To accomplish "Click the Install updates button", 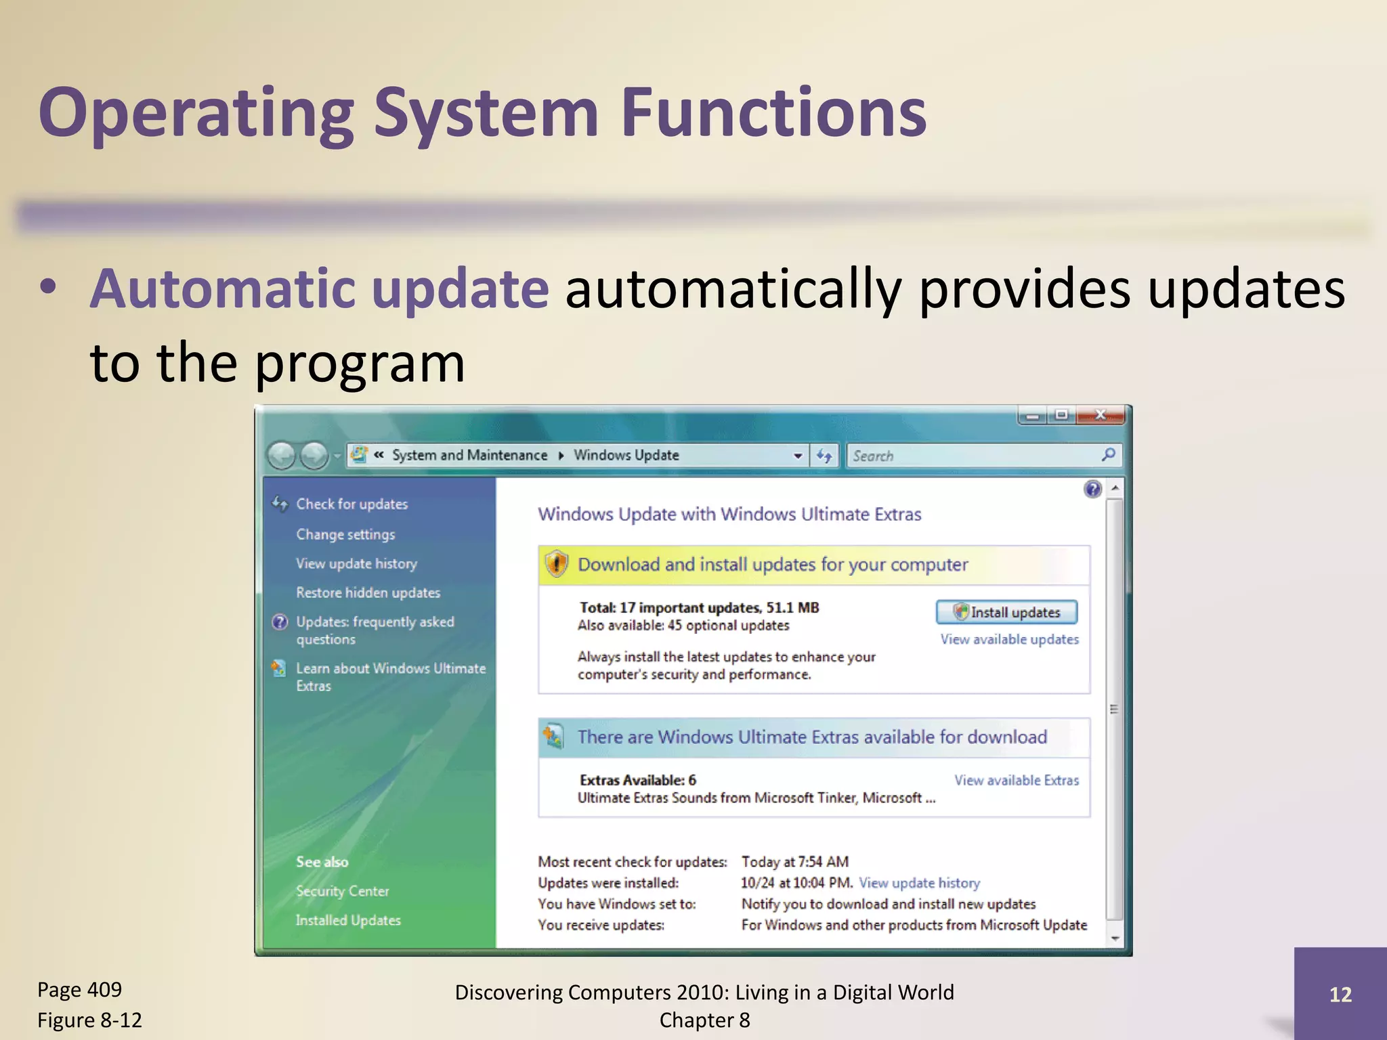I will [1006, 612].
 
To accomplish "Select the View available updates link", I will [1009, 639].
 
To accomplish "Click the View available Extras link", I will [1017, 780].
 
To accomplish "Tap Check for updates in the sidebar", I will [351, 504].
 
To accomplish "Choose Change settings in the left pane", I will [345, 534].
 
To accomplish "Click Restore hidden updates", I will [368, 592].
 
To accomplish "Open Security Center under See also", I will [342, 891].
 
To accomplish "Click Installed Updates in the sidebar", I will [348, 920].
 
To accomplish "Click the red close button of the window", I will [1101, 415].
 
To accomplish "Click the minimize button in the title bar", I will [1032, 415].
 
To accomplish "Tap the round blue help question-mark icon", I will [1092, 489].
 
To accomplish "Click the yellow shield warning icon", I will [556, 564].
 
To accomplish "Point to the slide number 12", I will [1340, 994].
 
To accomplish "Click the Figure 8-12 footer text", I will [89, 1020].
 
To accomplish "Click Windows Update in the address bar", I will [626, 455].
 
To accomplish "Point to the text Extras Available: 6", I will [637, 780].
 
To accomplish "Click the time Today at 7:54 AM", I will [794, 861].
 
